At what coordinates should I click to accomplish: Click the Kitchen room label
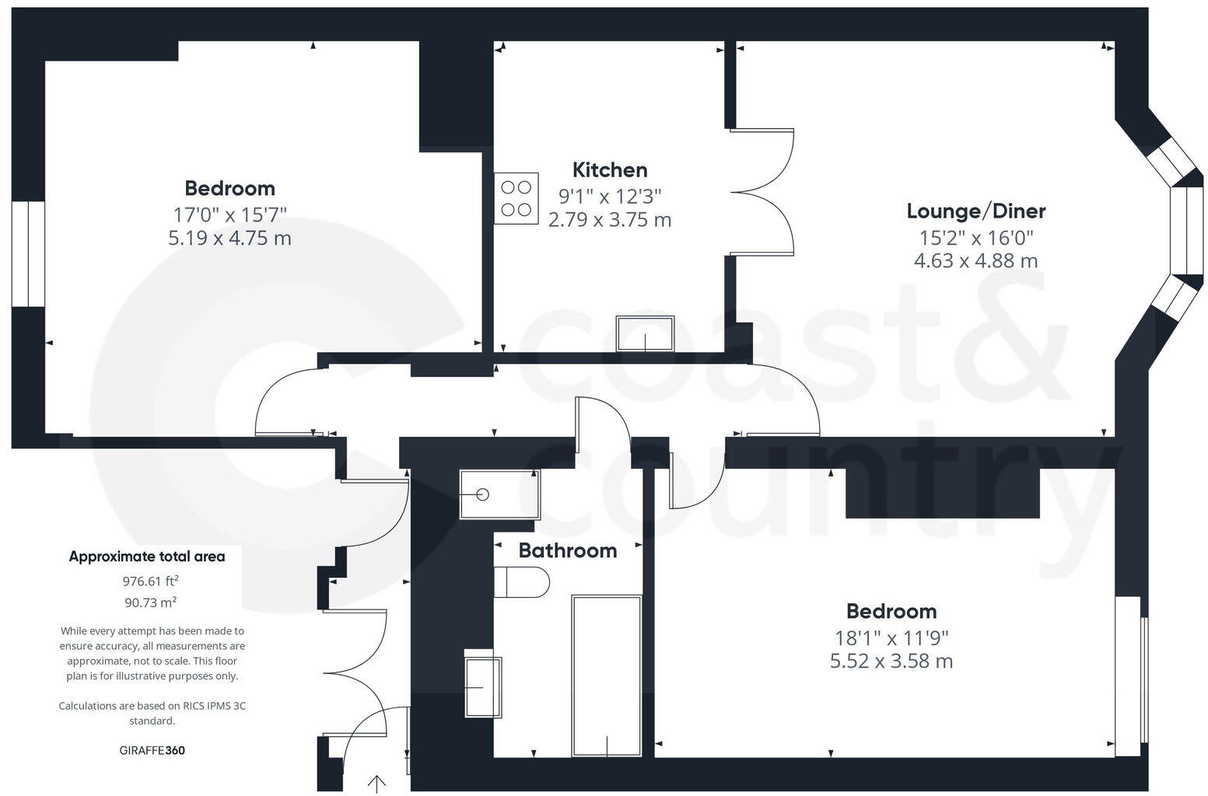click(610, 169)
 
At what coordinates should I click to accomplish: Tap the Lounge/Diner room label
click(975, 211)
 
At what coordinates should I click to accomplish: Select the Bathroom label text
click(567, 550)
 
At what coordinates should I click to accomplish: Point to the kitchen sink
click(645, 333)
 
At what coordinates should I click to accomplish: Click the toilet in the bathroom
click(523, 581)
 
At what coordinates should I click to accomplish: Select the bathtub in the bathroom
click(607, 676)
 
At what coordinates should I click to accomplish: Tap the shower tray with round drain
click(499, 494)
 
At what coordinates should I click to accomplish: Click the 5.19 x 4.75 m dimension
click(229, 238)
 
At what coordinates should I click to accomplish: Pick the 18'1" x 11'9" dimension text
click(891, 638)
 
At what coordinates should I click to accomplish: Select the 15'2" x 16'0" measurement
click(975, 237)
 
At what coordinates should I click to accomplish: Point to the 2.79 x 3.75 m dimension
click(610, 220)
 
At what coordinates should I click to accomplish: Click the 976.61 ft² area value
click(150, 581)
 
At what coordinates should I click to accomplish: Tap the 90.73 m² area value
click(150, 602)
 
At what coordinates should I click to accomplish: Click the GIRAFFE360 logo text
click(152, 750)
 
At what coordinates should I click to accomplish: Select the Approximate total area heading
click(147, 557)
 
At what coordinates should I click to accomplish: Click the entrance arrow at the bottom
click(377, 784)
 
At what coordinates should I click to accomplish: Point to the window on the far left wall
click(28, 253)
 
